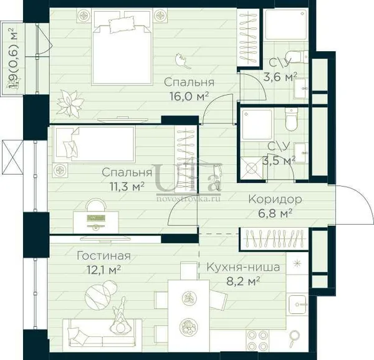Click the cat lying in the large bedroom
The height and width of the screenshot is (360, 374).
click(183, 61)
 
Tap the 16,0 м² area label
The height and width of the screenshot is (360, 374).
click(189, 97)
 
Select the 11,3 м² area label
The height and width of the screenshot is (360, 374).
click(127, 187)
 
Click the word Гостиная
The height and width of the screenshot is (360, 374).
click(103, 256)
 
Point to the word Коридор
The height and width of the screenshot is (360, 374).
click(275, 200)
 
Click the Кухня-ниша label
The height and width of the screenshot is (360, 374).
click(243, 267)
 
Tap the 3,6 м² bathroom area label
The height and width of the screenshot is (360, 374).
click(280, 77)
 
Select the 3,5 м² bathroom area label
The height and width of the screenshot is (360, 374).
click(279, 161)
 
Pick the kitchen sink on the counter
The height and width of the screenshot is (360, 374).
click(297, 304)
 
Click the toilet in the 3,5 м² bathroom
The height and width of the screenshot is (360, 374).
click(292, 119)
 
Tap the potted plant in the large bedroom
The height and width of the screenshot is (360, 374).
click(70, 103)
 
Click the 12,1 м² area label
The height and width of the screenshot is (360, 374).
click(103, 270)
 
